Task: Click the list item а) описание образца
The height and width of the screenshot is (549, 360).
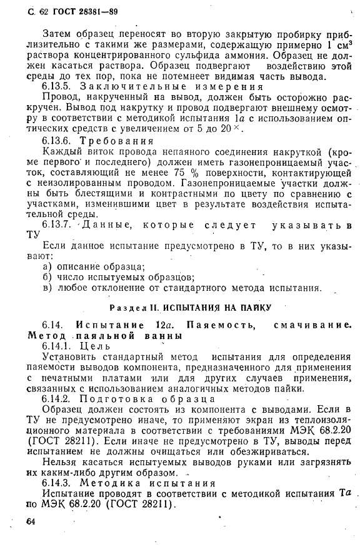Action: (93, 267)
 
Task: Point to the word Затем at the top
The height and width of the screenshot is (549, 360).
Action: (57, 33)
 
